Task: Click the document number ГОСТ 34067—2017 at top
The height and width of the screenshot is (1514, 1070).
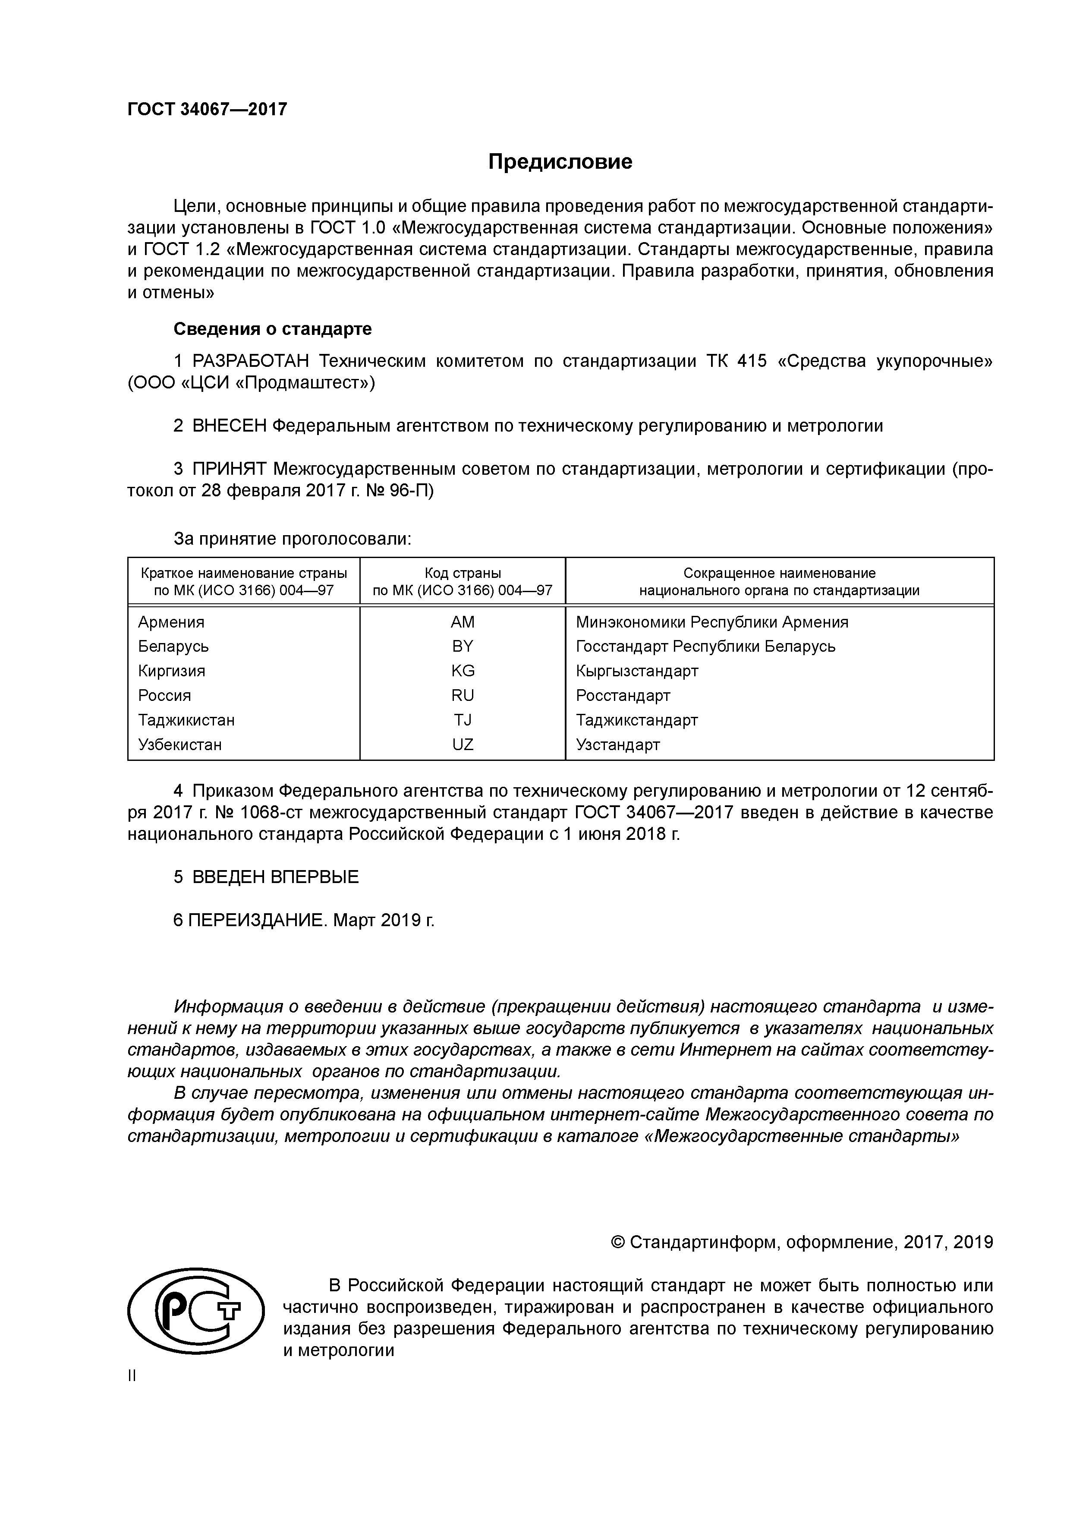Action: (x=207, y=109)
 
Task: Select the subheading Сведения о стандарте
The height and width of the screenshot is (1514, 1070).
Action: (x=272, y=328)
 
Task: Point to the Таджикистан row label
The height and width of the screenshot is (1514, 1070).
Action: (x=186, y=719)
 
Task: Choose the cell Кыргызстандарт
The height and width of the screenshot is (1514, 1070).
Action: (x=637, y=671)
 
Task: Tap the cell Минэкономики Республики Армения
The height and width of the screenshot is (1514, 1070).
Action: (x=711, y=622)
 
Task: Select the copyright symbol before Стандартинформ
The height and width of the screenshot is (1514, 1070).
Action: (x=618, y=1243)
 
